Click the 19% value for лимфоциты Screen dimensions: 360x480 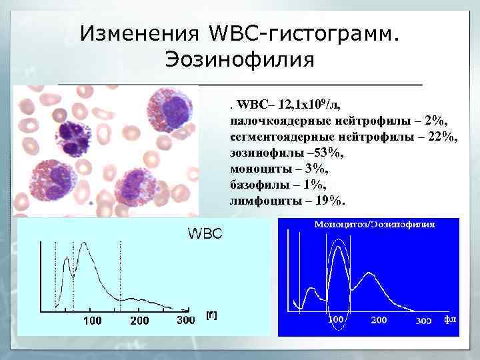pos(330,201)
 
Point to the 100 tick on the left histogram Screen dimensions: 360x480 pos(92,321)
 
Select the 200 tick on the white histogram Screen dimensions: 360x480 pos(140,321)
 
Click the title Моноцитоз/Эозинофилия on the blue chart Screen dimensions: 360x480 pos(374,225)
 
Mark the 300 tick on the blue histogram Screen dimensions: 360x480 pos(423,321)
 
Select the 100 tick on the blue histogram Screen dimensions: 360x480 pos(336,319)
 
